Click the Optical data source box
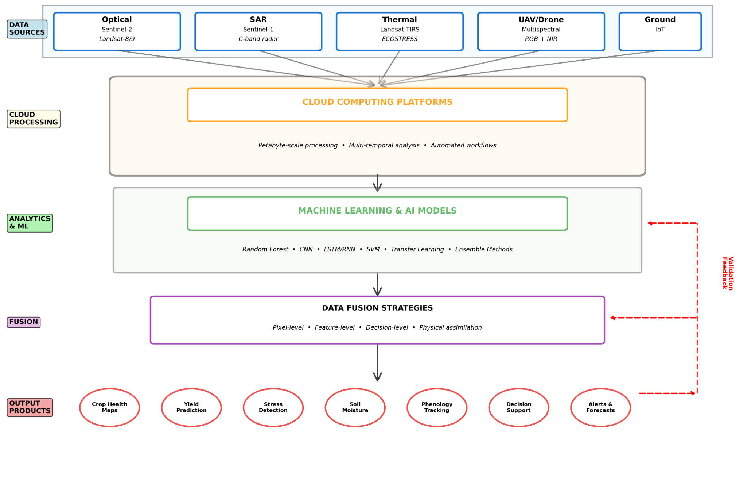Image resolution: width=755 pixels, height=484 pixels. pyautogui.click(x=117, y=31)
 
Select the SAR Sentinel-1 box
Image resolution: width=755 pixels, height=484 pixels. pyautogui.click(x=258, y=31)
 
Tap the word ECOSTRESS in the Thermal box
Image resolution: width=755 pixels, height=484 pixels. pyautogui.click(x=400, y=39)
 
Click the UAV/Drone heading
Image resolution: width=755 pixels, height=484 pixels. pyautogui.click(x=541, y=20)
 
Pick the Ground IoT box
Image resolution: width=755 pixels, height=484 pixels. pyautogui.click(x=660, y=31)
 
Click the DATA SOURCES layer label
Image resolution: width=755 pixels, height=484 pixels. pyautogui.click(x=27, y=29)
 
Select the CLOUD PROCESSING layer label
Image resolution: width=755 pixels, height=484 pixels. pyautogui.click(x=34, y=119)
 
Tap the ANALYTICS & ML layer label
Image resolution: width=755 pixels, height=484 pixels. pyautogui.click(x=30, y=223)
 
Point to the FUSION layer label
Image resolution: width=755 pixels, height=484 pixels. pyautogui.click(x=24, y=322)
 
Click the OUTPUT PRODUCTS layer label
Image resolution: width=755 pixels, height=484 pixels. pyautogui.click(x=30, y=407)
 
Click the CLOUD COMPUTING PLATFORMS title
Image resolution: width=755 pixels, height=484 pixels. pyautogui.click(x=377, y=102)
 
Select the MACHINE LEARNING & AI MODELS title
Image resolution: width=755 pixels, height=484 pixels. pyautogui.click(x=377, y=211)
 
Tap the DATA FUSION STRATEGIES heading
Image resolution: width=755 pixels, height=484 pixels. pyautogui.click(x=377, y=308)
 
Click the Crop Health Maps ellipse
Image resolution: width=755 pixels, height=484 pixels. pyautogui.click(x=109, y=407)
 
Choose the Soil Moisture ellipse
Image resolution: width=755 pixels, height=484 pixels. pyautogui.click(x=355, y=407)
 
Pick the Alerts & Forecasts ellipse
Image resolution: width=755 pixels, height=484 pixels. pyautogui.click(x=600, y=407)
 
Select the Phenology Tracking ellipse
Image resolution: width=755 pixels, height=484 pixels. pyautogui.click(x=437, y=407)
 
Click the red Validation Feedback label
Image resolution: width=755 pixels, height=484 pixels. pyautogui.click(x=728, y=273)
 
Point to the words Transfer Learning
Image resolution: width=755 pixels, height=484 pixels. pyautogui.click(x=417, y=249)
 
